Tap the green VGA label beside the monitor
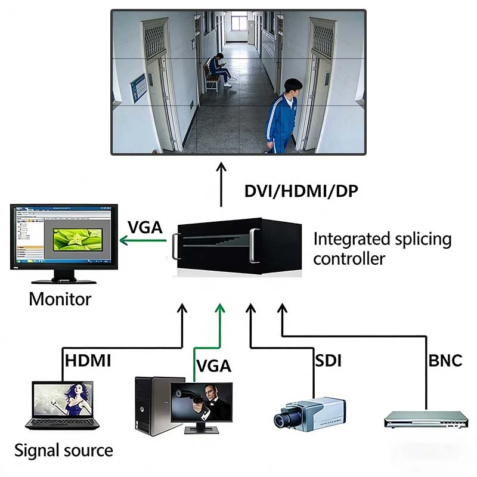pos(144,227)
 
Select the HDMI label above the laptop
pos(88,360)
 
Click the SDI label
pos(327,360)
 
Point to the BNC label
pos(445,360)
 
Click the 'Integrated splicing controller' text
pos(382,249)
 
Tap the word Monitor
pos(60,299)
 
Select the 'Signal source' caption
pos(63,450)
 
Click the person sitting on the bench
pos(219,69)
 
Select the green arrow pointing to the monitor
pos(143,241)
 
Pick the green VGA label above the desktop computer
pos(213,365)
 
